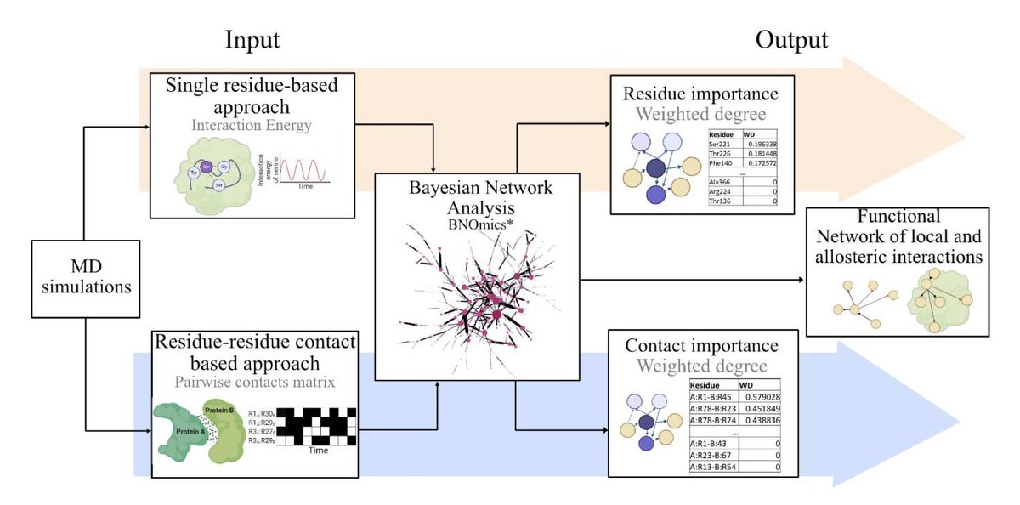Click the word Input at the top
tap(252, 40)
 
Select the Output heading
tap(792, 40)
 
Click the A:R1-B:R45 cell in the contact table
tap(714, 396)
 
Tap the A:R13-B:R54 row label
tap(716, 467)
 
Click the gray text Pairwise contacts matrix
tap(253, 383)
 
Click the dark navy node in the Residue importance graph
tap(655, 166)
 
